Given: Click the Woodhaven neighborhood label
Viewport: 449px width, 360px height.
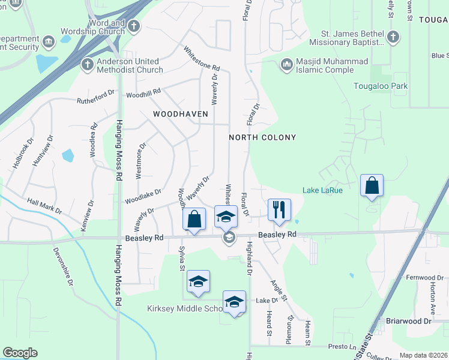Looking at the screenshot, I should click(x=180, y=113).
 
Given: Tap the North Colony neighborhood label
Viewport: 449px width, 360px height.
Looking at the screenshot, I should click(x=262, y=137).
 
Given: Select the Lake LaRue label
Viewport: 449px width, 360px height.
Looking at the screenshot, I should click(x=322, y=190).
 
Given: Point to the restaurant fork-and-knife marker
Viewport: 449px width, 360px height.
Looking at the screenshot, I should click(x=279, y=209).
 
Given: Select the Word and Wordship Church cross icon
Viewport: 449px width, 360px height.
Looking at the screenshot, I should click(x=134, y=26).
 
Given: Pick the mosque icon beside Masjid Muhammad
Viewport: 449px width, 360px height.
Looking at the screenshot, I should click(x=286, y=63).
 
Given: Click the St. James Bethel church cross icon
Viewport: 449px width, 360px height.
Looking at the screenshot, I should click(x=393, y=37).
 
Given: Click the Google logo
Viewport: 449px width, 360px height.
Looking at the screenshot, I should click(x=20, y=353).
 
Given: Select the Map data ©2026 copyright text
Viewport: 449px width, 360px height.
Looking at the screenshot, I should click(x=423, y=355).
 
